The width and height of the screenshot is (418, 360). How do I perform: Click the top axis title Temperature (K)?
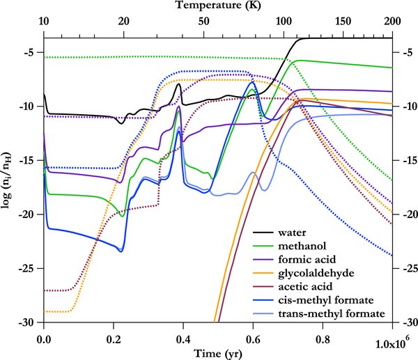(x=218, y=6)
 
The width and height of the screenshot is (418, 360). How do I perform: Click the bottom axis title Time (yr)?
(x=218, y=352)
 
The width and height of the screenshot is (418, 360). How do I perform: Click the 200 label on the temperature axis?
(x=392, y=22)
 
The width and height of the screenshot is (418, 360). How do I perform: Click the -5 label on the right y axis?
(x=404, y=52)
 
